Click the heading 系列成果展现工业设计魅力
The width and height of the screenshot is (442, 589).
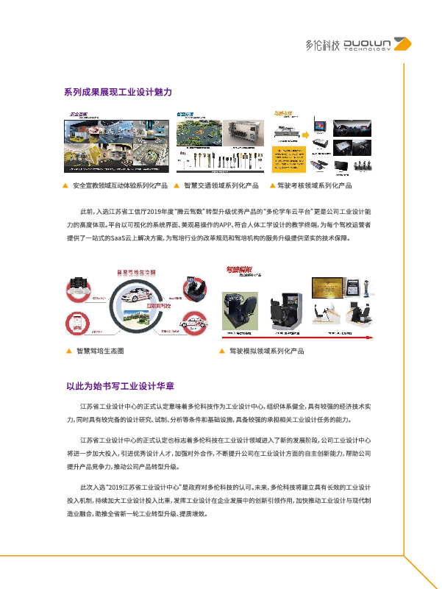[x=118, y=92]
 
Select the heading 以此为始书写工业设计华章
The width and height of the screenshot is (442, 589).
[x=120, y=386]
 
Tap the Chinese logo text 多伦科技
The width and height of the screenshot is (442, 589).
[x=323, y=45]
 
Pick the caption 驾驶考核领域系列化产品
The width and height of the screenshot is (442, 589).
[x=314, y=185]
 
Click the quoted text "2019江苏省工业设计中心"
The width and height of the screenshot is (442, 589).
[x=147, y=488]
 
